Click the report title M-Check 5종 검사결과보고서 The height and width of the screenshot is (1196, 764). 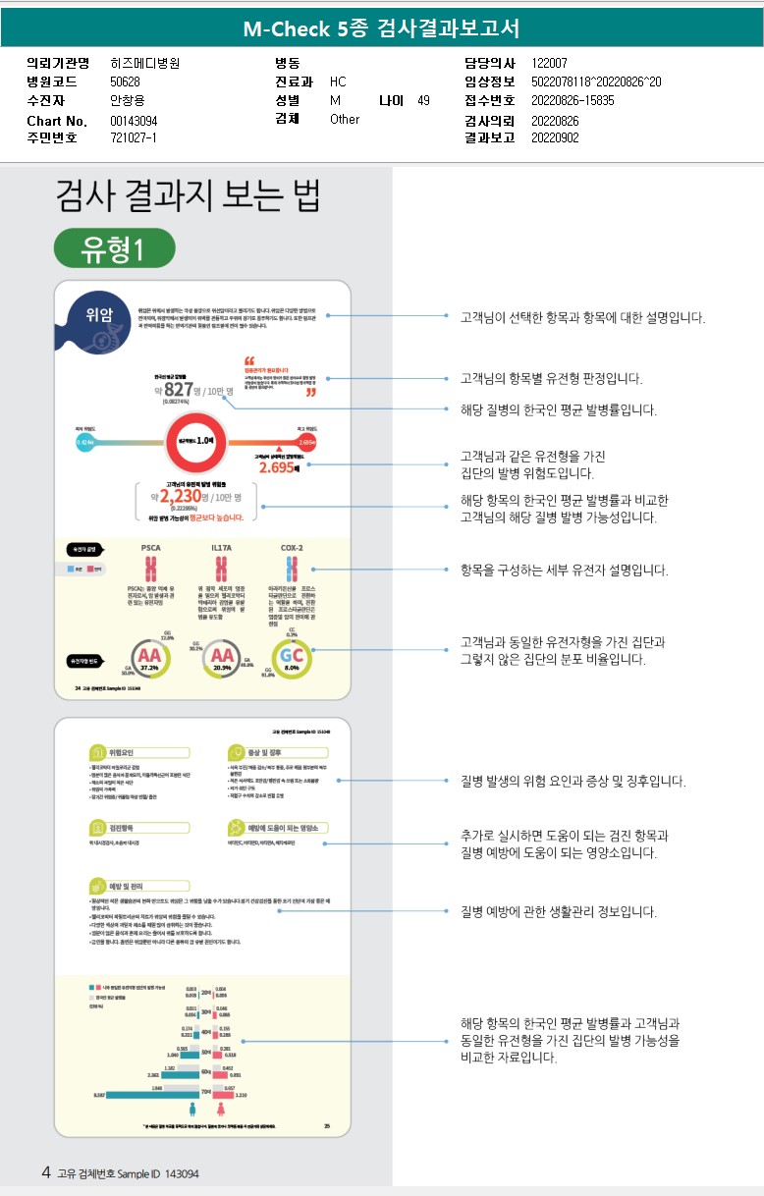tap(381, 28)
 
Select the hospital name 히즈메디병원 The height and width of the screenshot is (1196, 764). tap(145, 64)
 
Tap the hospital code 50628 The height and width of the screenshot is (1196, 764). tap(125, 82)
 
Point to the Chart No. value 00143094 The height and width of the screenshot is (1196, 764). tap(134, 120)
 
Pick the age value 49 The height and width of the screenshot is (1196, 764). tap(423, 101)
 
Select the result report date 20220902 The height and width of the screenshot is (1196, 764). tap(555, 138)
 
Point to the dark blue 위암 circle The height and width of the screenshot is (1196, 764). tap(98, 316)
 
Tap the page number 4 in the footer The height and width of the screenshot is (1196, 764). tap(46, 1172)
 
